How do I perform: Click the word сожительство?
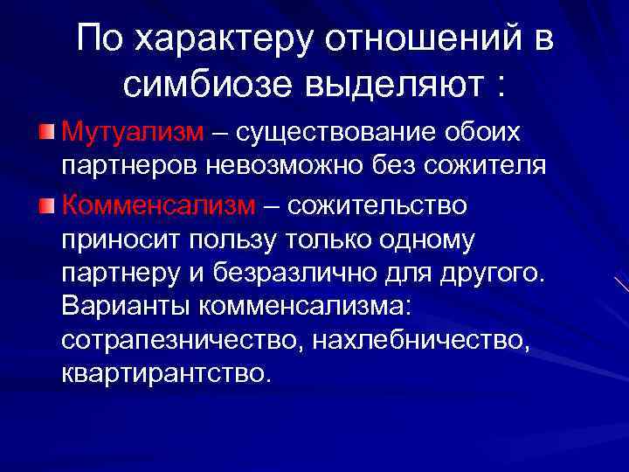click(377, 205)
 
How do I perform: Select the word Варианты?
click(128, 312)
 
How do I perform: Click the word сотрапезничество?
click(175, 347)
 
